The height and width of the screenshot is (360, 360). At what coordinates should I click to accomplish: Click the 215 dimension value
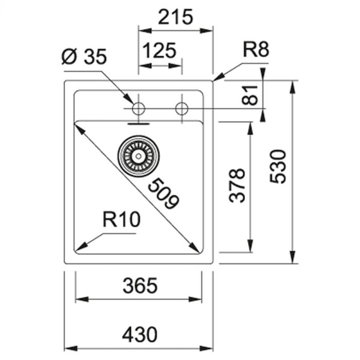[175, 17]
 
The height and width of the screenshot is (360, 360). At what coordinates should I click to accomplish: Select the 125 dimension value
[159, 51]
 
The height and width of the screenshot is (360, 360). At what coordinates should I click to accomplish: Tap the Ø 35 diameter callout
[84, 56]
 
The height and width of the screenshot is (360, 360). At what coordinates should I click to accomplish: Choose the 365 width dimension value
[139, 285]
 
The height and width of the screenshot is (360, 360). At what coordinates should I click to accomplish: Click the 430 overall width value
[139, 335]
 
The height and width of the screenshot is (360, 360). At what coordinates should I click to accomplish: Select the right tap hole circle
[182, 109]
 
